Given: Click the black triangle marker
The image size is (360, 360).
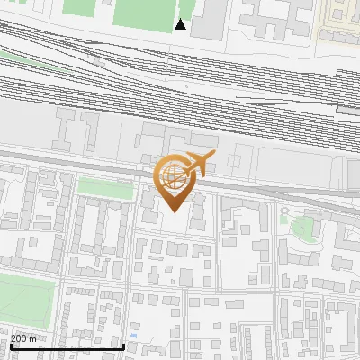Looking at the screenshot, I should tap(181, 24).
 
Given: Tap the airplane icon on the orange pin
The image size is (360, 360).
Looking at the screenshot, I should tap(198, 164).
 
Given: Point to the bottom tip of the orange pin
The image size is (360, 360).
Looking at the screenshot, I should tap(173, 212).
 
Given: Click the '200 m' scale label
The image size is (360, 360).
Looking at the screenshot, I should tap(24, 338).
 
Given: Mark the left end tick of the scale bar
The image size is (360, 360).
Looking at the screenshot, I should tap(10, 346).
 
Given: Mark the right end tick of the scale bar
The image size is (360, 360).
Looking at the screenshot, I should tap(123, 346).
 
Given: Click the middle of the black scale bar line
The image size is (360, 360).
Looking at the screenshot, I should tap(67, 346).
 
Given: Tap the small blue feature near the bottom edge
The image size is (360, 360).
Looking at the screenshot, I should tap(134, 336).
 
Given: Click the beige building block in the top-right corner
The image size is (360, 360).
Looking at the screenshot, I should tap(340, 18).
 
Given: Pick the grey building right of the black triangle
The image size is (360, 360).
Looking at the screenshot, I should tap(209, 18).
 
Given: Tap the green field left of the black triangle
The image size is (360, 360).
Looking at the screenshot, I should tap(144, 12).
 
